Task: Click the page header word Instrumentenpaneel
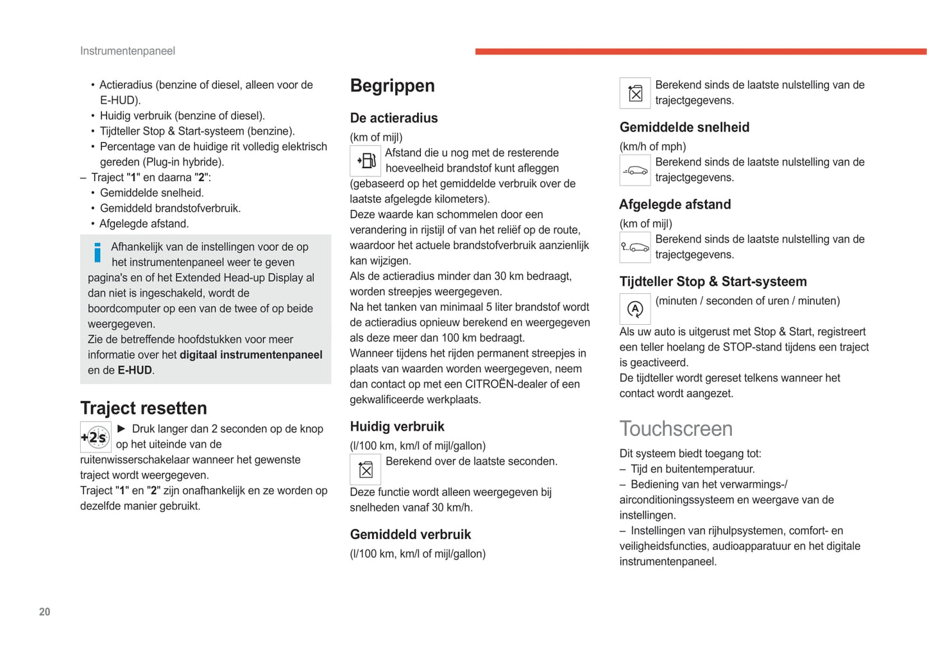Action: tap(127, 51)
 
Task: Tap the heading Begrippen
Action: tap(392, 86)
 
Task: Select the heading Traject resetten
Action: tap(143, 408)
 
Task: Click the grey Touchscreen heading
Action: tap(676, 429)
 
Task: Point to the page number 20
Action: tap(44, 612)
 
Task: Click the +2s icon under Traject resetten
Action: tap(96, 438)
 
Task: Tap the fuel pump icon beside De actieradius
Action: tap(366, 161)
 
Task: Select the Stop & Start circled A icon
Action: tap(635, 309)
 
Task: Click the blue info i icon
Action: tap(98, 252)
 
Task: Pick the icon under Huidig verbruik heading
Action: tap(366, 470)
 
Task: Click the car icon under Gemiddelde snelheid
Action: tap(635, 171)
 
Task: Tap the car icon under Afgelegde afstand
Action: tap(635, 248)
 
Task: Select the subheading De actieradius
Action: tap(393, 118)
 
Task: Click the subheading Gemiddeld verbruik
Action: tap(410, 535)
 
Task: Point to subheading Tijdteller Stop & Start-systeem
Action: tap(713, 282)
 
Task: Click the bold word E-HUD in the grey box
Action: tap(135, 370)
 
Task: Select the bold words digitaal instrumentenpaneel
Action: tap(251, 355)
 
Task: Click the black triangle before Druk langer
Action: tap(121, 429)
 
